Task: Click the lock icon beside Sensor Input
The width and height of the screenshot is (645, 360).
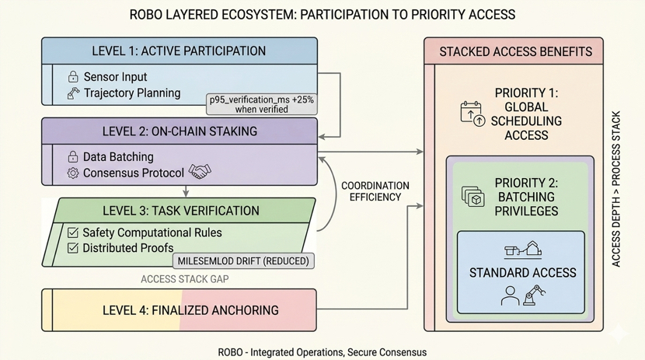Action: tap(73, 76)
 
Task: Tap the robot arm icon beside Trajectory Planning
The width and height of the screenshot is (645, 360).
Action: tap(73, 93)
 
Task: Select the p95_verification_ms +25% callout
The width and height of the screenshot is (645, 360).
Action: tap(262, 104)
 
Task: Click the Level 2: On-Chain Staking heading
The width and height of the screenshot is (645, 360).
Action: tap(180, 131)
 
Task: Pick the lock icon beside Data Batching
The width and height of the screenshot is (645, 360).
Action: tap(73, 156)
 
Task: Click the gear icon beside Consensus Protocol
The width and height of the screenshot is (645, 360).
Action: tap(73, 173)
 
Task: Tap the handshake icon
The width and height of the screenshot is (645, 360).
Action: tap(200, 172)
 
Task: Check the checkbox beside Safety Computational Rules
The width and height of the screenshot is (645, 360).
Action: tap(73, 232)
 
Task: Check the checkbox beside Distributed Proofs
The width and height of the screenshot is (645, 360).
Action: tap(73, 248)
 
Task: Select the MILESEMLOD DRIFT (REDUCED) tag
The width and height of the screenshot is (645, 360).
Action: tap(243, 260)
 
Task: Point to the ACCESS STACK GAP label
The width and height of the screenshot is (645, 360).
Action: tap(185, 279)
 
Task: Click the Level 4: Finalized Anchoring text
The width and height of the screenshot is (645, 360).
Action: tap(190, 310)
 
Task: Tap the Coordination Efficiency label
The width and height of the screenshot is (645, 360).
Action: tap(375, 191)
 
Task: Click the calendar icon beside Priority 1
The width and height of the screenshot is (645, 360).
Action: tap(472, 114)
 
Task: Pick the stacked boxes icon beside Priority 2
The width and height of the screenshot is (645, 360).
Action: tap(473, 196)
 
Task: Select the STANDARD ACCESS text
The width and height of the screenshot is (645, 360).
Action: tap(523, 273)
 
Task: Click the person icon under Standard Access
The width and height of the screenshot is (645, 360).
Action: tap(510, 295)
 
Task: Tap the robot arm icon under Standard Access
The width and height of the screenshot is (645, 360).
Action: tap(534, 295)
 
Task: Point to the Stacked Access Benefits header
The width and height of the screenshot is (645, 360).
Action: tap(516, 51)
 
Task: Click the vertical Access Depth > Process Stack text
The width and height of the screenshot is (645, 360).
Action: tap(615, 189)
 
